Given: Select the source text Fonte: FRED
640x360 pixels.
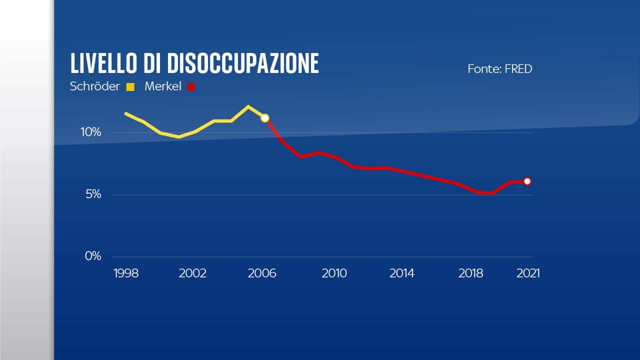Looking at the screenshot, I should click(499, 69).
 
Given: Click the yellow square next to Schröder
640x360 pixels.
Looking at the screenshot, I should click(130, 87).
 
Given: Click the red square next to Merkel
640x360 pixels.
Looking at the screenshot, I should click(190, 87).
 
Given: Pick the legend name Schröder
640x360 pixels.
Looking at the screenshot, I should click(95, 86).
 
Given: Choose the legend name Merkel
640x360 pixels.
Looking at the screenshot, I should click(163, 86).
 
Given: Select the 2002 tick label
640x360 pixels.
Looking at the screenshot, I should click(193, 273).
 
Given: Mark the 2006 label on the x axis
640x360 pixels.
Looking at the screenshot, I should click(262, 273).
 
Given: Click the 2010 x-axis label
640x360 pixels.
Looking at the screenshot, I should click(334, 273).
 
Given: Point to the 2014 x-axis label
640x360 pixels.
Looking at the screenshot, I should click(402, 273).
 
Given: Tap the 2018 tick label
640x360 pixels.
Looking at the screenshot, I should click(471, 273).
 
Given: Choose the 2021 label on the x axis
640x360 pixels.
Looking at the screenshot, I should click(527, 273).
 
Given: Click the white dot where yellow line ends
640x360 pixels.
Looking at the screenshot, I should click(265, 118).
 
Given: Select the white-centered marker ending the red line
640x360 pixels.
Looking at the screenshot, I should click(527, 181).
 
